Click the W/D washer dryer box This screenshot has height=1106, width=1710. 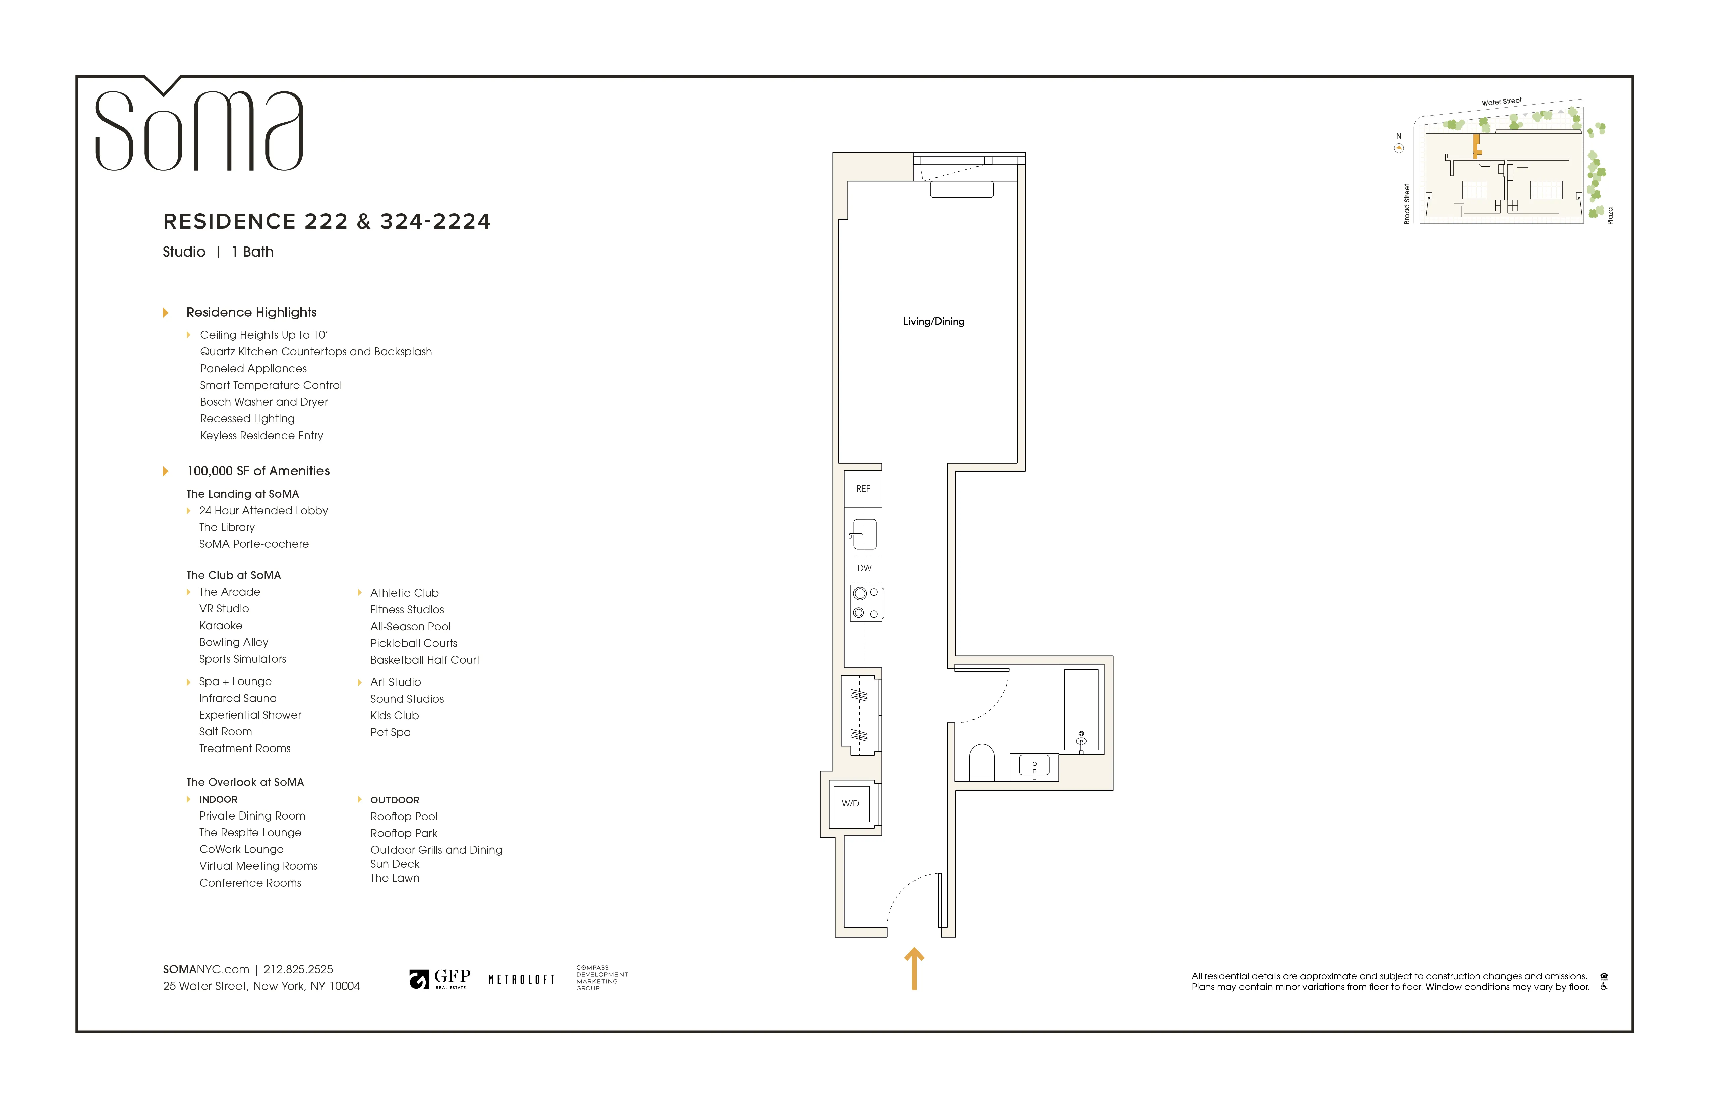851,804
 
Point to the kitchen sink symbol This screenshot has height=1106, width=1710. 864,534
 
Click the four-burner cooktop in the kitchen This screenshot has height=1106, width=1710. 866,603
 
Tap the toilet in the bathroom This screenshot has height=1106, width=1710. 982,763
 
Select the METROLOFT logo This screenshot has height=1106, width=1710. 522,980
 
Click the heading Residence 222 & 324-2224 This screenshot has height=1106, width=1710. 327,221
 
